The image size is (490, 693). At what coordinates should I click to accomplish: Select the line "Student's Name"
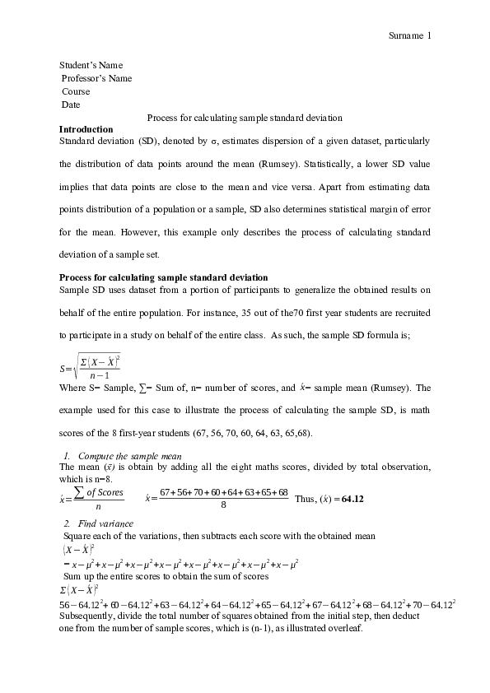(92, 65)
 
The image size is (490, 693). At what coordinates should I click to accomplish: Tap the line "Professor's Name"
(96, 78)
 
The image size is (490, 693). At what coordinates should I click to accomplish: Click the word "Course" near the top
(76, 91)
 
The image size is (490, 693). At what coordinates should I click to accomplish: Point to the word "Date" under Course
(71, 105)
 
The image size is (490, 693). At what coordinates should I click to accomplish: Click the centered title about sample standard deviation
(245, 118)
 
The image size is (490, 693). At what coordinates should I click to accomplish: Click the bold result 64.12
(352, 499)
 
